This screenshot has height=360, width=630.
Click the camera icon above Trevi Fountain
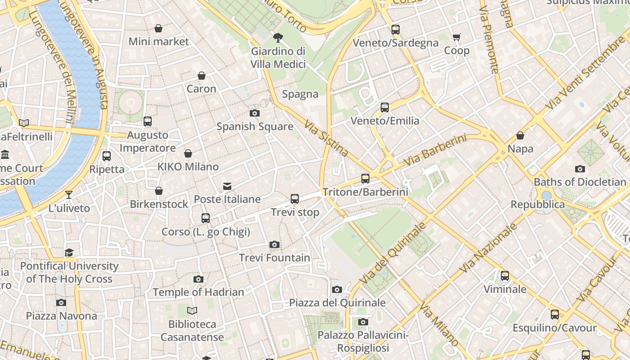point(274,244)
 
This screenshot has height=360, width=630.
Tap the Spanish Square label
point(255,126)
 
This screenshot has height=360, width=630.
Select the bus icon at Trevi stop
point(295,198)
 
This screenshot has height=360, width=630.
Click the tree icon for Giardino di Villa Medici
point(278,37)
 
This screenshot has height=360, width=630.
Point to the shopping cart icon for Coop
point(457,37)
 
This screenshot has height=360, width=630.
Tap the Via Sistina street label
point(326,138)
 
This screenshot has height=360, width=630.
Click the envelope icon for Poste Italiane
point(227,186)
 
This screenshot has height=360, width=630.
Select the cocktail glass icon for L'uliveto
point(69,195)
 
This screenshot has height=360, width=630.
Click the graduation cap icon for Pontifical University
point(69,252)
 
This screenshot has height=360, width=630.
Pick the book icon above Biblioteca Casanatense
point(192,310)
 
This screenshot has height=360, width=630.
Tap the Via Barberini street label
point(435,150)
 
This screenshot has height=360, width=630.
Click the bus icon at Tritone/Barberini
point(365,179)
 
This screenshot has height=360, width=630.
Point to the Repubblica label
point(537,204)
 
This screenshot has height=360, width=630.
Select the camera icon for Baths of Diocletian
point(580,169)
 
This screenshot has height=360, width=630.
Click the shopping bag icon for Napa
point(520,135)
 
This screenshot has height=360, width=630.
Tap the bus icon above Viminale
point(505,275)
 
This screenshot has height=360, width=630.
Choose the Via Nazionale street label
point(489,248)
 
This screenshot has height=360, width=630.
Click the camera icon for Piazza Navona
point(61,302)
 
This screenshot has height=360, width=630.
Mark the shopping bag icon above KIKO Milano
point(188,153)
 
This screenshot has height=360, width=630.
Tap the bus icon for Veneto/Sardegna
point(396,30)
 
